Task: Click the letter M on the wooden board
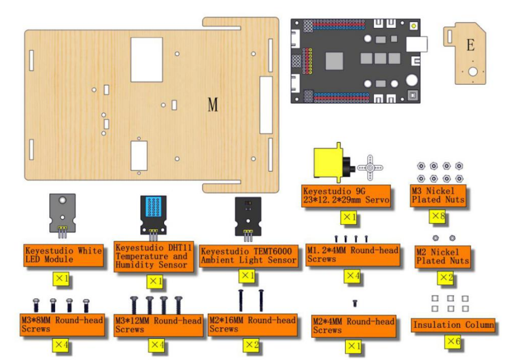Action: [212, 104]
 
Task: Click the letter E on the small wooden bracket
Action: [471, 45]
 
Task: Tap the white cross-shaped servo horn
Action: [370, 168]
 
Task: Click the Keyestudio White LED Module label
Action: [64, 255]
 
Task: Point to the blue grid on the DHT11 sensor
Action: [153, 206]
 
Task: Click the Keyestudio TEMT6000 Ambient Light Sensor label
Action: [248, 256]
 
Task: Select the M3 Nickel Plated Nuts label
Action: [438, 195]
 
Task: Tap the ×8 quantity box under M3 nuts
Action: [437, 216]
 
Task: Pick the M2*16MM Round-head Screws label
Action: [252, 324]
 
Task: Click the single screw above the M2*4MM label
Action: [355, 303]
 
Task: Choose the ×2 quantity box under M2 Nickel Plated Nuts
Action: [445, 278]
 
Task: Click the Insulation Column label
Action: [453, 325]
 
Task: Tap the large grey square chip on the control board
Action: [334, 61]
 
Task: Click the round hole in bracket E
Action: [473, 72]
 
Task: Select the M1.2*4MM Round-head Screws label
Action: [353, 255]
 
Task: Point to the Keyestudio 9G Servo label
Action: [346, 196]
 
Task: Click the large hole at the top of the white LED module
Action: [62, 200]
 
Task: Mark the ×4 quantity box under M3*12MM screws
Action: [156, 345]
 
